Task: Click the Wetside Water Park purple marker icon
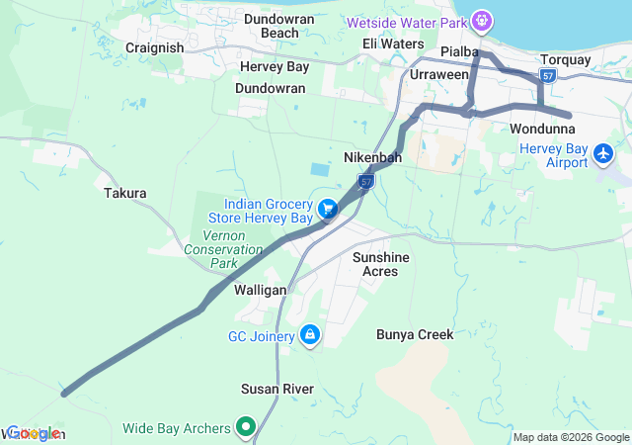[482, 19]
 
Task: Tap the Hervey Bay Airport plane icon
[603, 154]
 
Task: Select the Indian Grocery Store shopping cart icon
[328, 209]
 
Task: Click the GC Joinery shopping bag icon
[311, 336]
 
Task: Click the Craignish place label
[155, 47]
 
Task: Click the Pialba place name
[460, 50]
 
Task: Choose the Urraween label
[439, 75]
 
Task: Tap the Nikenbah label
[372, 157]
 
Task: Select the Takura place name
[125, 194]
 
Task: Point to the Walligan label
[260, 290]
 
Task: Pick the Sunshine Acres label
[381, 264]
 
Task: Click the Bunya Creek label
[415, 334]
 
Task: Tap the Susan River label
[277, 389]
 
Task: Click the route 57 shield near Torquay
[549, 76]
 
